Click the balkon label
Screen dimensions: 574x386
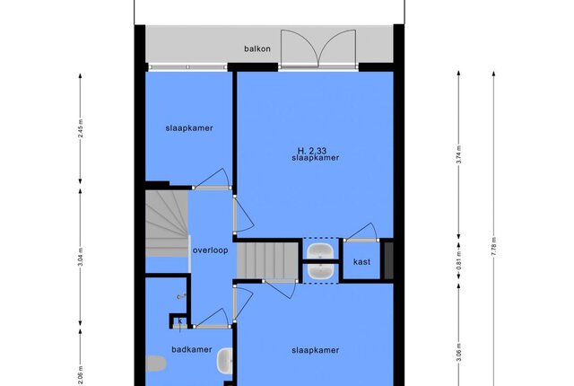tap(257, 48)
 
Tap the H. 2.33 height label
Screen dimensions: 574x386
tap(312, 151)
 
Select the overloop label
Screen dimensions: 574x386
tap(211, 250)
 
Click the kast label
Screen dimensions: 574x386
tap(361, 262)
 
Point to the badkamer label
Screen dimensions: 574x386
tap(192, 349)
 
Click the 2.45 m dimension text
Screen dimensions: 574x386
tap(81, 128)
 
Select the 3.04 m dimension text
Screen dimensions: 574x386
tap(81, 258)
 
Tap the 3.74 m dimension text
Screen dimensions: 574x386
tap(458, 154)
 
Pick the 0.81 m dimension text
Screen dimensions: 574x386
tap(458, 260)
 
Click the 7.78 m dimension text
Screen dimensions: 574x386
tap(494, 247)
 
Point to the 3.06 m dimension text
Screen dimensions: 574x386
tap(458, 352)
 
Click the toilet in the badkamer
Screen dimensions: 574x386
tap(156, 364)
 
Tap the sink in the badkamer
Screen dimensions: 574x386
tap(224, 360)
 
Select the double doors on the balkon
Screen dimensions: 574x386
tap(318, 49)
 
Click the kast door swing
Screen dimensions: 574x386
tap(361, 232)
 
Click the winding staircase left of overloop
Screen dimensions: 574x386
tap(167, 224)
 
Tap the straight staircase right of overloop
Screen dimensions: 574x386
tap(267, 260)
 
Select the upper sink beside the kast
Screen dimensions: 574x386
tap(320, 251)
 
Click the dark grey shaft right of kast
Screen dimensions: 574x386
tap(388, 260)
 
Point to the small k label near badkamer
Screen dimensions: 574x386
tap(180, 321)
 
